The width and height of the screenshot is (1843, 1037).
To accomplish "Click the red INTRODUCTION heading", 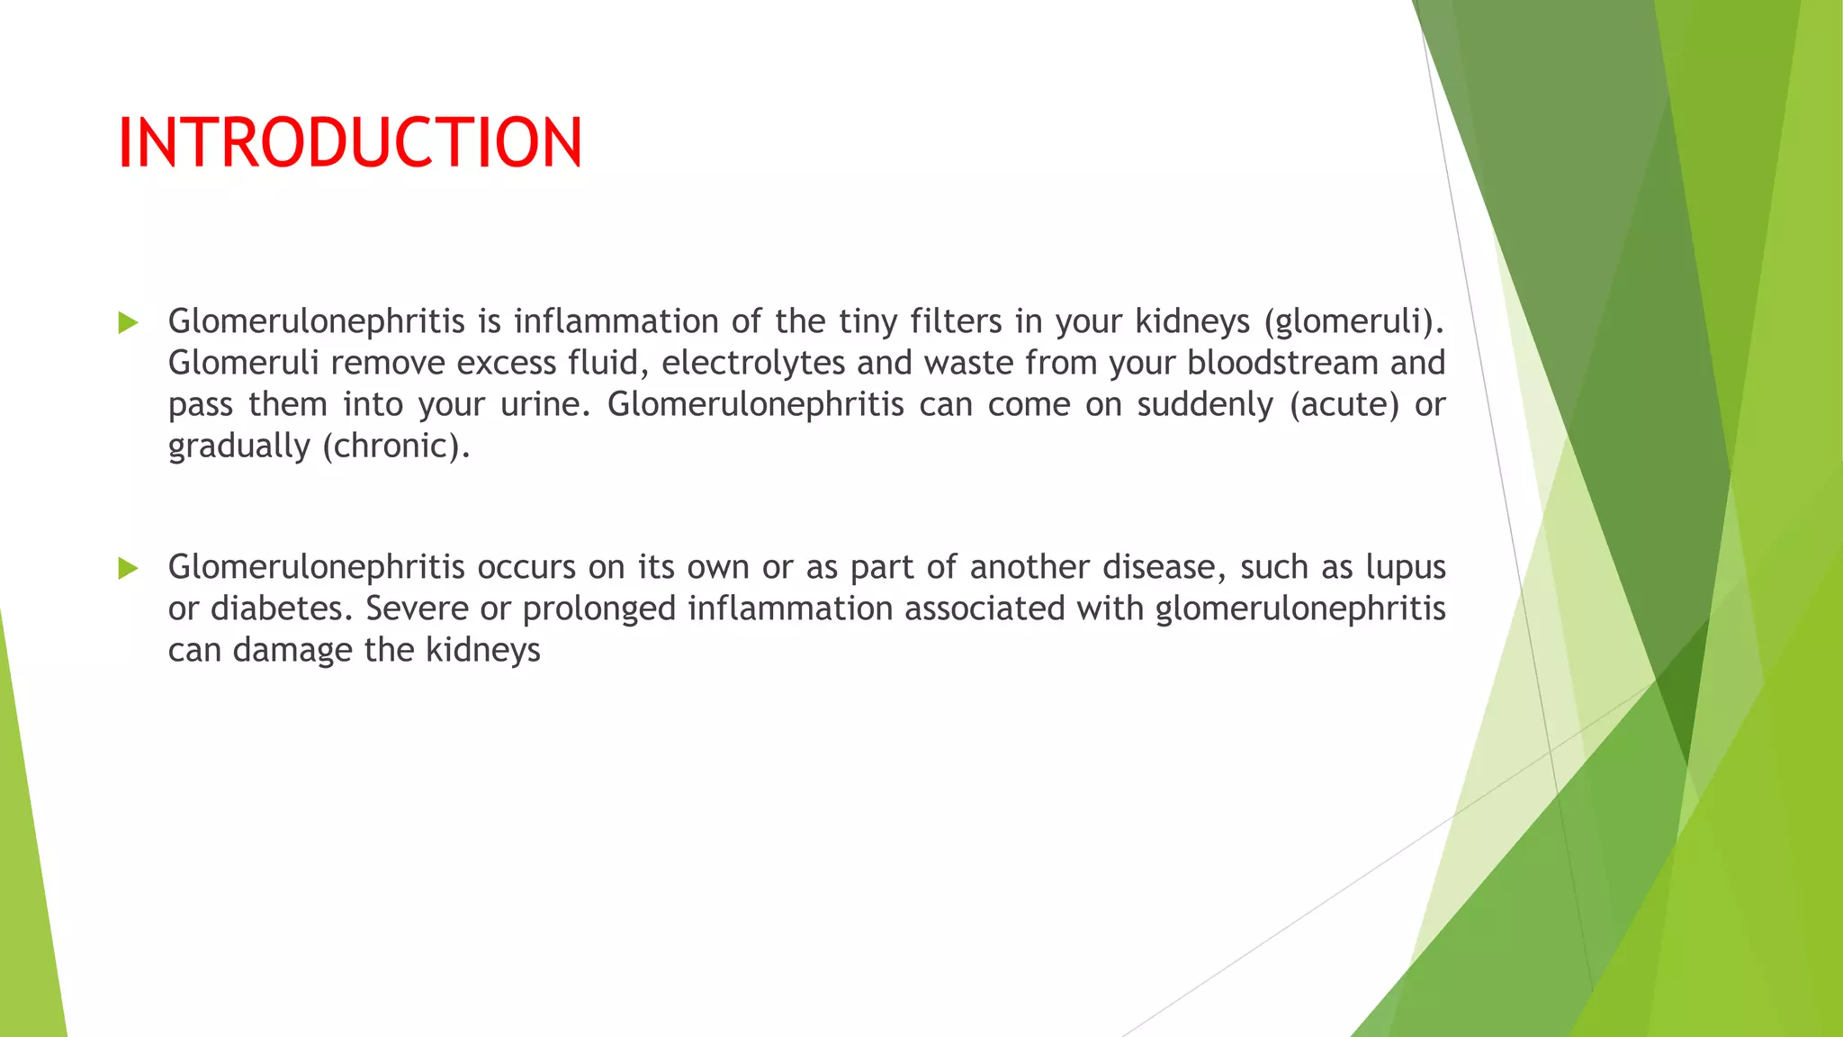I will click(350, 143).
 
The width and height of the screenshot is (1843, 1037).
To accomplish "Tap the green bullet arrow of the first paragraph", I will click(128, 322).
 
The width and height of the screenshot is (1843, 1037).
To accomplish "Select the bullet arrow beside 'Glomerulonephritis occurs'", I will click(128, 568).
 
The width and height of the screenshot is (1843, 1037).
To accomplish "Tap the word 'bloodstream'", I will click(1282, 363).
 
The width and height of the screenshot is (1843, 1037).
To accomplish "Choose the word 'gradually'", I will click(238, 446).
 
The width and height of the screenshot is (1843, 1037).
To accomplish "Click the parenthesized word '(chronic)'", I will click(396, 446).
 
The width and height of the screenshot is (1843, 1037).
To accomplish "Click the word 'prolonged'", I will click(599, 609).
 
